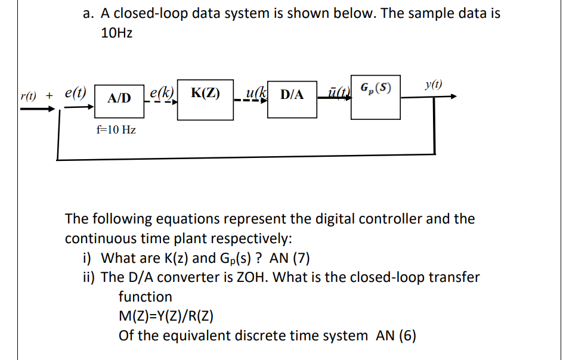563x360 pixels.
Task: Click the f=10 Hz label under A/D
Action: pos(116,129)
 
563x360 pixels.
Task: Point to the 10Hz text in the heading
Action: pos(117,34)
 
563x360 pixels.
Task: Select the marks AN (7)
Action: pos(289,258)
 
